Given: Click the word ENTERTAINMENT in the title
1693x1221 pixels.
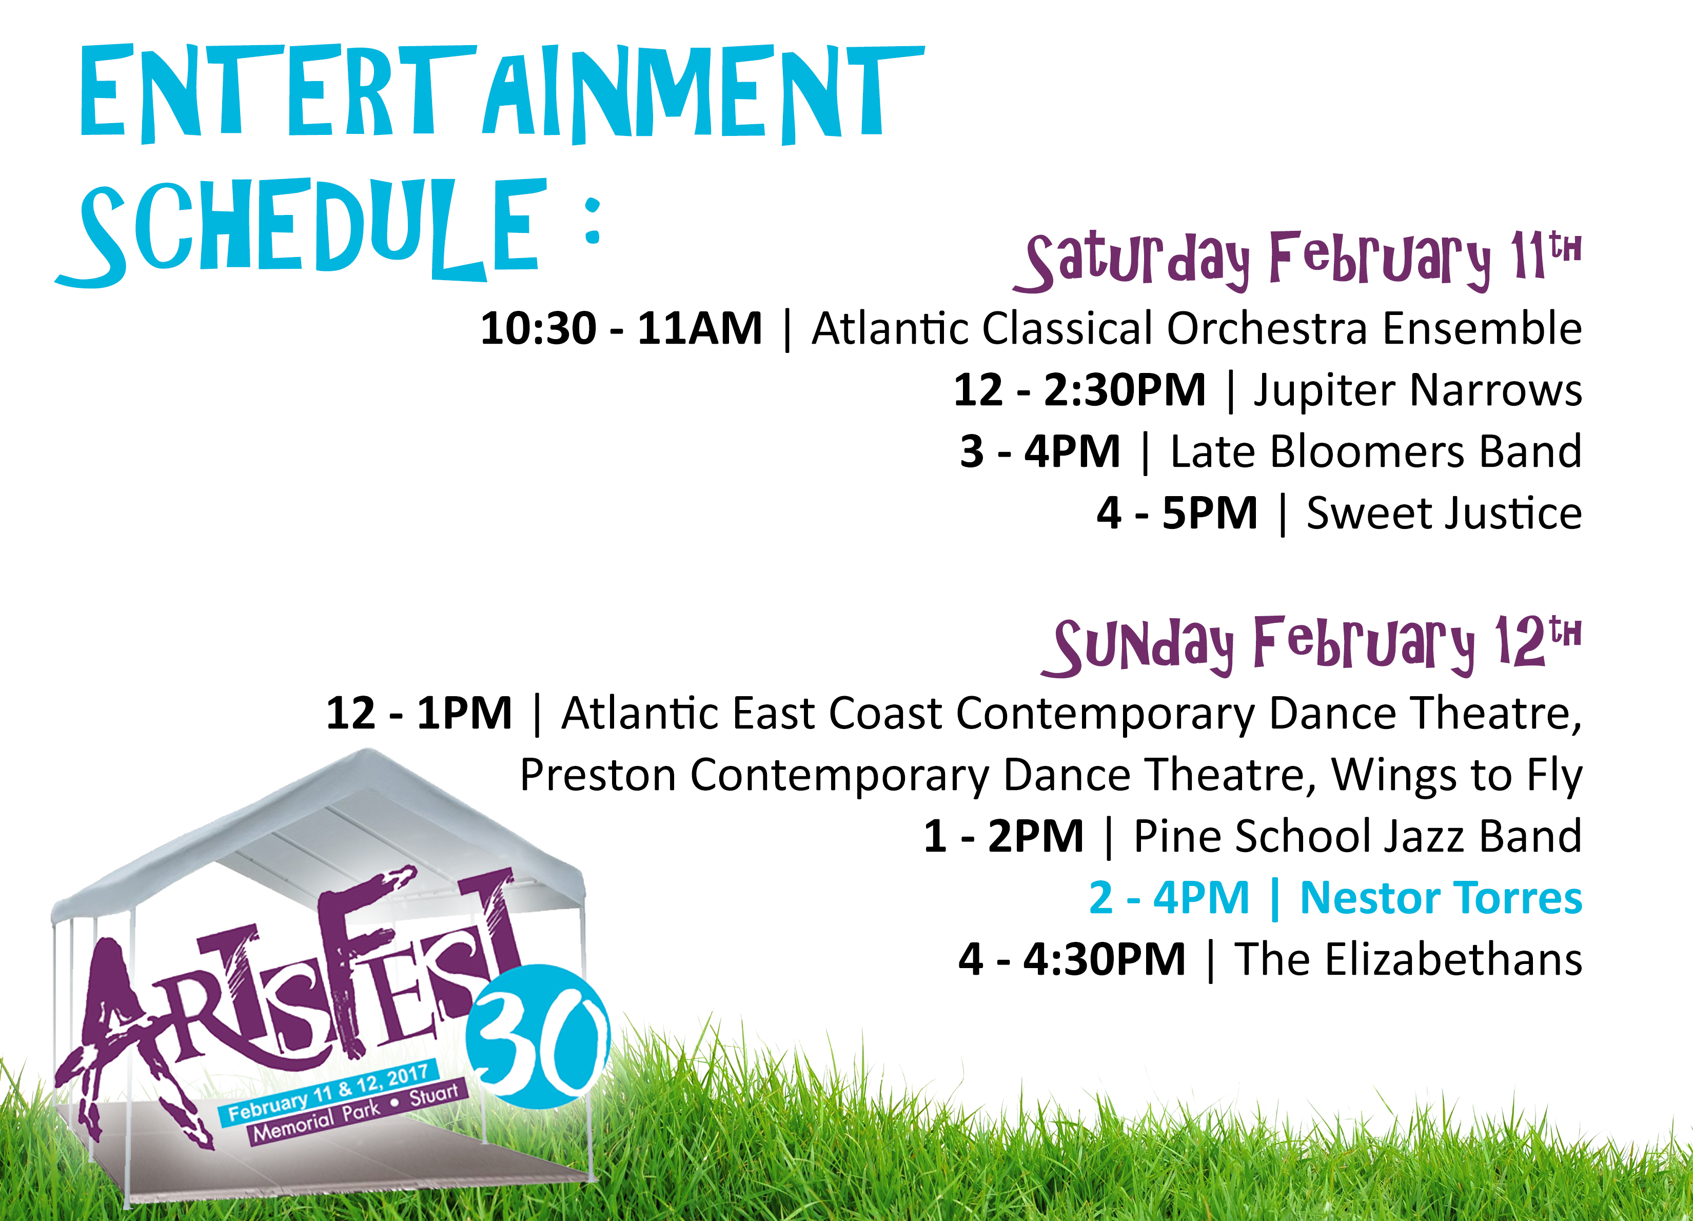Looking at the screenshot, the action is tap(502, 93).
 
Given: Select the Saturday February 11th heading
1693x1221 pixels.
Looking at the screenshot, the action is tap(1296, 261).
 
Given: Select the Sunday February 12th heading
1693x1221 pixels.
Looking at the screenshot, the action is tap(1311, 645).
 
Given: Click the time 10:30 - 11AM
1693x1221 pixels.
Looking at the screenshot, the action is tap(621, 328).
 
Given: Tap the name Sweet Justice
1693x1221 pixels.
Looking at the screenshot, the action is tap(1444, 514).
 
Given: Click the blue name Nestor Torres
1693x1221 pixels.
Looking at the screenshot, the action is tap(1441, 898).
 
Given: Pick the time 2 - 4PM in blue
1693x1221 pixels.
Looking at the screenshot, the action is tap(1169, 898).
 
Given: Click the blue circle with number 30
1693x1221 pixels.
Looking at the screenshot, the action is tap(538, 1036).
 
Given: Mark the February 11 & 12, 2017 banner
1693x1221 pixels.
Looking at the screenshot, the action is tap(328, 1093).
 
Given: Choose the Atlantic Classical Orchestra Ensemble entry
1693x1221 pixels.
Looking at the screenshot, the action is tap(1196, 328).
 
